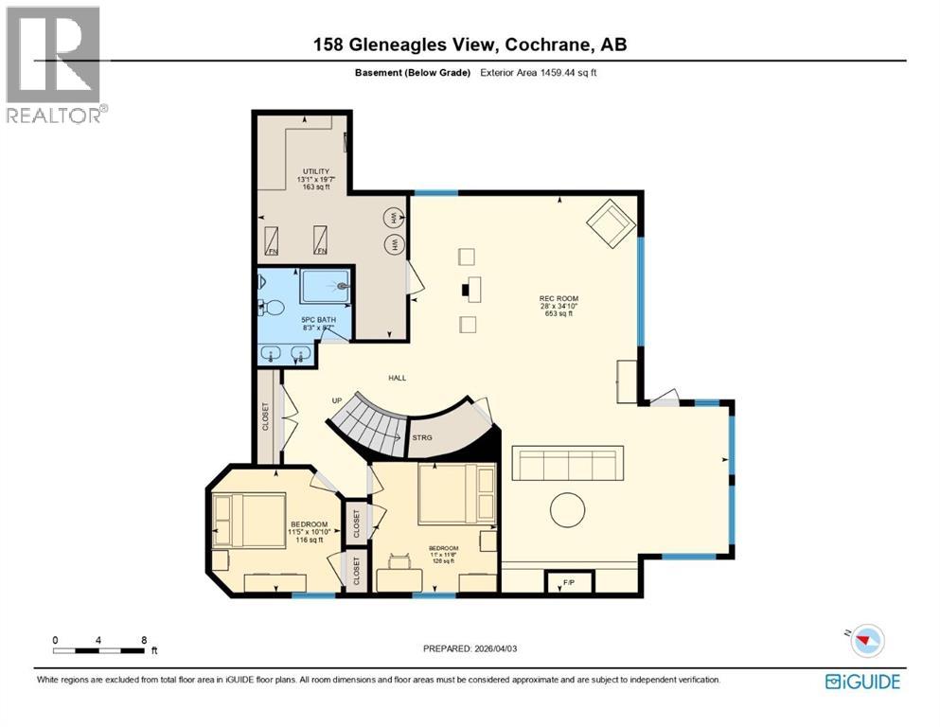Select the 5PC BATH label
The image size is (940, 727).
(x=318, y=320)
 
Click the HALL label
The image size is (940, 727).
(x=397, y=378)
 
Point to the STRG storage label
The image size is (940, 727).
(x=421, y=437)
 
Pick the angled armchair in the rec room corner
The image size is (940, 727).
(x=608, y=223)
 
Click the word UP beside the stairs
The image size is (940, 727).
(x=336, y=400)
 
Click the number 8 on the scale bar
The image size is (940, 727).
(x=143, y=639)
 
